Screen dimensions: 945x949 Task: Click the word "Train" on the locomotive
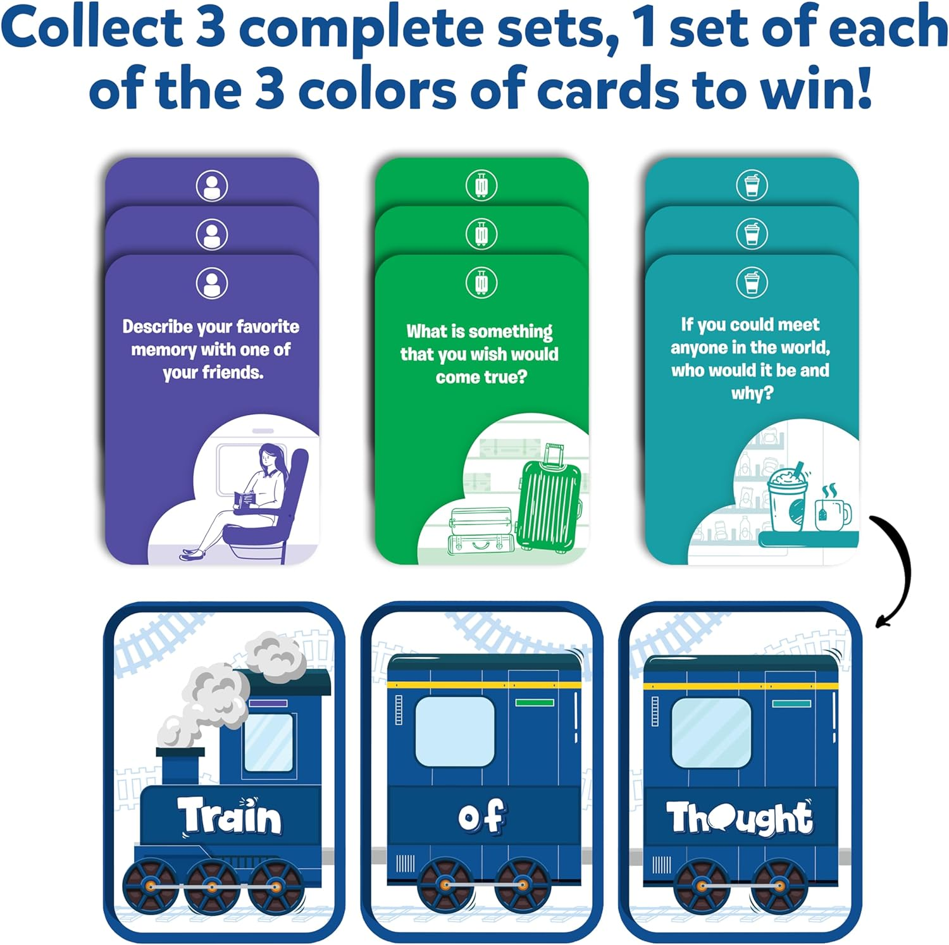point(229,816)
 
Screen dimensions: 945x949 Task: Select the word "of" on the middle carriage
point(481,816)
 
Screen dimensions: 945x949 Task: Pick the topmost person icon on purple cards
point(212,185)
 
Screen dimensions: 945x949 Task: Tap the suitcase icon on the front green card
point(481,283)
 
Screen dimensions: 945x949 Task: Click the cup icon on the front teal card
point(752,282)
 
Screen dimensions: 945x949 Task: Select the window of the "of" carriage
point(454,731)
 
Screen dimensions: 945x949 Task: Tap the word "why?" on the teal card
point(752,393)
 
